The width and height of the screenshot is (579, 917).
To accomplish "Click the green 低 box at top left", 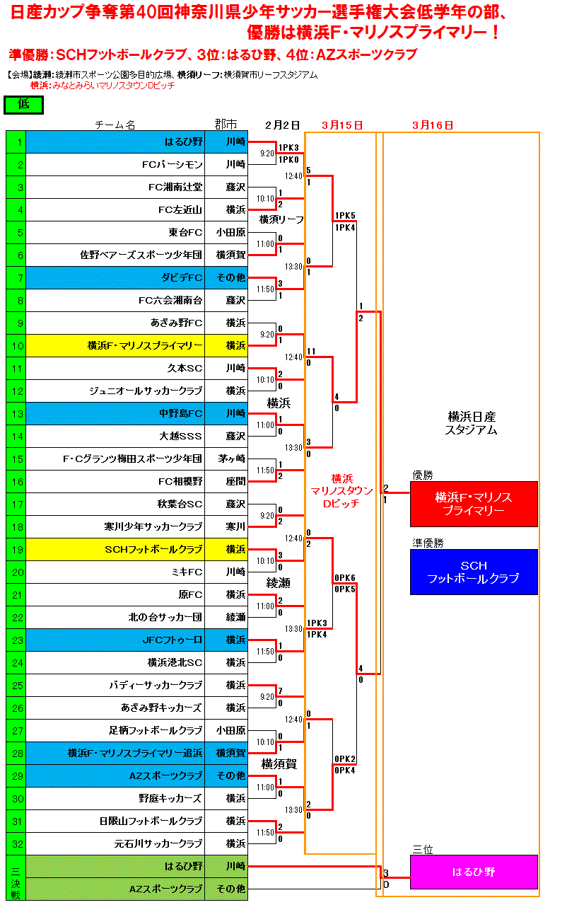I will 23,105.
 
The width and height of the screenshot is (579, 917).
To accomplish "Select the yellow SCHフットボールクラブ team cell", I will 153,550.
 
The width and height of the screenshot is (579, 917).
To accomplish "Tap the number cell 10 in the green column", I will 16,346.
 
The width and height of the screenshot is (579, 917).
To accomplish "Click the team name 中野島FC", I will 181,414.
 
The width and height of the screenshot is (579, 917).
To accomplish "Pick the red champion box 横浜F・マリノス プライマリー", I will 474,504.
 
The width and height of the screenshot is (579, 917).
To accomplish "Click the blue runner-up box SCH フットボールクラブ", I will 474,572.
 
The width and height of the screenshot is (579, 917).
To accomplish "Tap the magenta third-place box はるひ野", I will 474,872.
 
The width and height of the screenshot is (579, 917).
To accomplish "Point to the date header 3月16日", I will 432,125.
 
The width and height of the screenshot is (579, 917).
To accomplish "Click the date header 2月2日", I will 282,125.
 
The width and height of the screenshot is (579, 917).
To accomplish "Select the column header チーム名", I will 115,125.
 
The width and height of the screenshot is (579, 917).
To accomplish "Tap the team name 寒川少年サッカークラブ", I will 153,527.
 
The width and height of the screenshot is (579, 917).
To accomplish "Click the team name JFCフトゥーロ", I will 172,640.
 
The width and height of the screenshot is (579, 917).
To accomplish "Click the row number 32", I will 16,844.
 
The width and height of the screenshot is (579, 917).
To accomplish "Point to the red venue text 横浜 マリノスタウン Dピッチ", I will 342,490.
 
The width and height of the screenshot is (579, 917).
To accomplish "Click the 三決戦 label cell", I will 16,877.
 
